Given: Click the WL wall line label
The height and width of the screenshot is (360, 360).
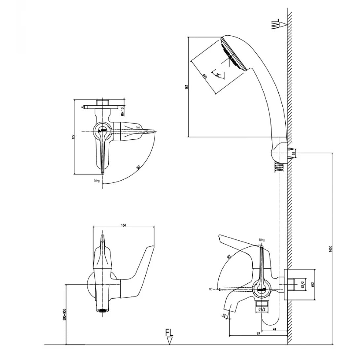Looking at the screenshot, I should [275, 24].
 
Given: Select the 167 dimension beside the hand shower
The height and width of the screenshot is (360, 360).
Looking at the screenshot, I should [187, 87].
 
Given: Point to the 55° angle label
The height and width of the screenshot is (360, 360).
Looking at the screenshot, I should [218, 75].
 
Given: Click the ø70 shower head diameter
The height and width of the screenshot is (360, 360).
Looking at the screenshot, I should [205, 77].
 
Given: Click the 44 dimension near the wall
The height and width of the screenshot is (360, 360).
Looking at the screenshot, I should [274, 329].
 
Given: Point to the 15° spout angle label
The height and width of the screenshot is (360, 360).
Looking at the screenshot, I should [225, 316].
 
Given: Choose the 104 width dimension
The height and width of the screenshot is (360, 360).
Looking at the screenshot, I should [124, 225].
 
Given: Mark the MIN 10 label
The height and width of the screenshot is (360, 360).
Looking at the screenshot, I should [122, 112].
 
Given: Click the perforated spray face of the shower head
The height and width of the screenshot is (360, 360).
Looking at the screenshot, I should [233, 55].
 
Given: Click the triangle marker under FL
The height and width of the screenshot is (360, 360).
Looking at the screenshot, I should [169, 341].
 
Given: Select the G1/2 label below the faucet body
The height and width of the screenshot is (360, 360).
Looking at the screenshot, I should [263, 309].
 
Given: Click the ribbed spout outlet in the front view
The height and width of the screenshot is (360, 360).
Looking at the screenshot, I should [103, 310].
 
